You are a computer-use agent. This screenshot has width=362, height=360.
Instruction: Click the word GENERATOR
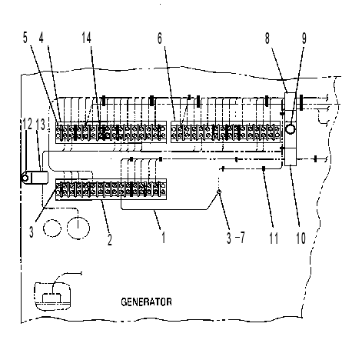point(146,302)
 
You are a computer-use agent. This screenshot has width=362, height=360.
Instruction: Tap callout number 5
point(25,38)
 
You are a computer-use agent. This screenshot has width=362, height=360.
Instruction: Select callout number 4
point(42,38)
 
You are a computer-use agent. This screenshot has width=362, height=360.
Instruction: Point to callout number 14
point(87,38)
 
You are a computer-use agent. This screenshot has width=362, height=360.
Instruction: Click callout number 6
point(160,38)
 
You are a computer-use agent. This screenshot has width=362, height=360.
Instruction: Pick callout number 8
point(267,38)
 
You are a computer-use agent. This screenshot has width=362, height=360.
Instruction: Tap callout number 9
point(304,38)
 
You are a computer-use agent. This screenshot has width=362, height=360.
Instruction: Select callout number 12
point(27,124)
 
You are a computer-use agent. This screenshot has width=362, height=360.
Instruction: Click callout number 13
point(41,124)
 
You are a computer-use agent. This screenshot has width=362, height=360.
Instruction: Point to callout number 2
point(110,239)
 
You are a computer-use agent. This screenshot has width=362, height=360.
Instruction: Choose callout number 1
point(163,237)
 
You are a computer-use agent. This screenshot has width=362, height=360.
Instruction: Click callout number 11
point(274,238)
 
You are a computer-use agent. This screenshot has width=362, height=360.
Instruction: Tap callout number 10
point(301,238)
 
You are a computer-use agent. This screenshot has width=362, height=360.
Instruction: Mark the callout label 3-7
point(236,238)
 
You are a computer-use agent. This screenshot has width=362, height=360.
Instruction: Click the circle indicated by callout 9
point(291,128)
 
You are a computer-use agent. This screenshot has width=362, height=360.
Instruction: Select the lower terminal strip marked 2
point(111,189)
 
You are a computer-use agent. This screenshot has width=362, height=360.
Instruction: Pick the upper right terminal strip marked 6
point(226,132)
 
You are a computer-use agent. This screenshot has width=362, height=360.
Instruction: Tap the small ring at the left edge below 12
point(25,178)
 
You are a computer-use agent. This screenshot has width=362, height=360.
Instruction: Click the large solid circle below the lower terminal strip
point(78,228)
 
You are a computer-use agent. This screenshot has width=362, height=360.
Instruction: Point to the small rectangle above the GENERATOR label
point(52,298)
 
